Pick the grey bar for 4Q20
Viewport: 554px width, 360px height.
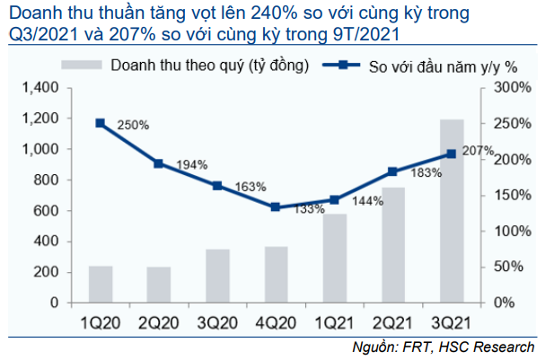276,274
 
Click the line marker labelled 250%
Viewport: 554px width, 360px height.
101,123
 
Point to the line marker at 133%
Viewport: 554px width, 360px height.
276,207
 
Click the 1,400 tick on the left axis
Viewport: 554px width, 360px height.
41,87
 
